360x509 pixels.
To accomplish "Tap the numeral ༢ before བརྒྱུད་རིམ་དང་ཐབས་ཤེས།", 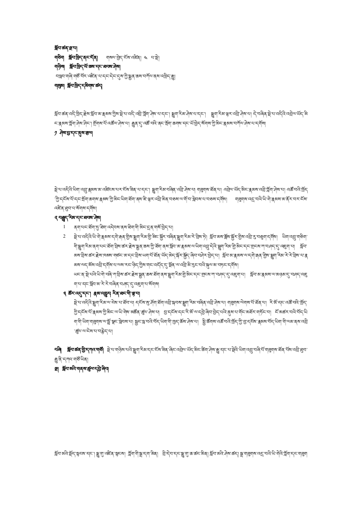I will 56,217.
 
